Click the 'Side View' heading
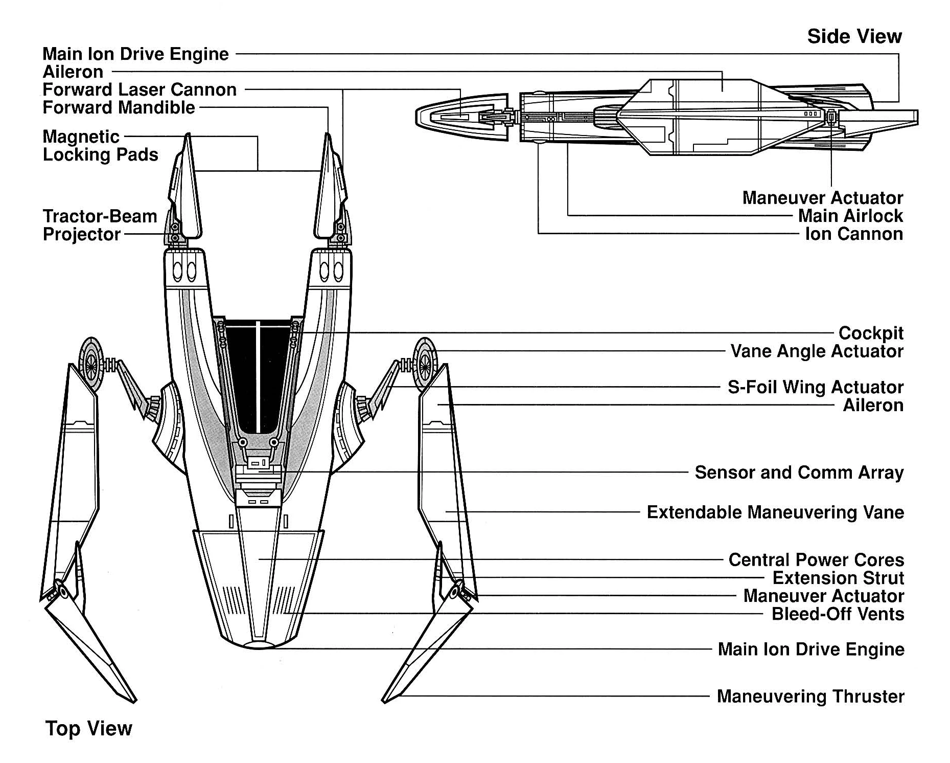pyautogui.click(x=854, y=36)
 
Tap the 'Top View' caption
pyautogui.click(x=89, y=728)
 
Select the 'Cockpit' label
pyautogui.click(x=871, y=333)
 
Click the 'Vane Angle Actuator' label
pyautogui.click(x=817, y=351)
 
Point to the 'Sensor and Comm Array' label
pyautogui.click(x=799, y=473)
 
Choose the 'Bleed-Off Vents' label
pyautogui.click(x=838, y=614)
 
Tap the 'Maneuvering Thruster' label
pyautogui.click(x=810, y=697)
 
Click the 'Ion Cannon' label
pyautogui.click(x=854, y=234)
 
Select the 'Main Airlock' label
pyautogui.click(x=850, y=216)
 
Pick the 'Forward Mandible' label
pyautogui.click(x=119, y=108)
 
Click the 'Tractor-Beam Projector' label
pyautogui.click(x=100, y=225)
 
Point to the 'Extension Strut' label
pyautogui.click(x=838, y=578)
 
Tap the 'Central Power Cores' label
pyautogui.click(x=816, y=559)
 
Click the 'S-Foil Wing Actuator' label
pyautogui.click(x=815, y=387)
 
